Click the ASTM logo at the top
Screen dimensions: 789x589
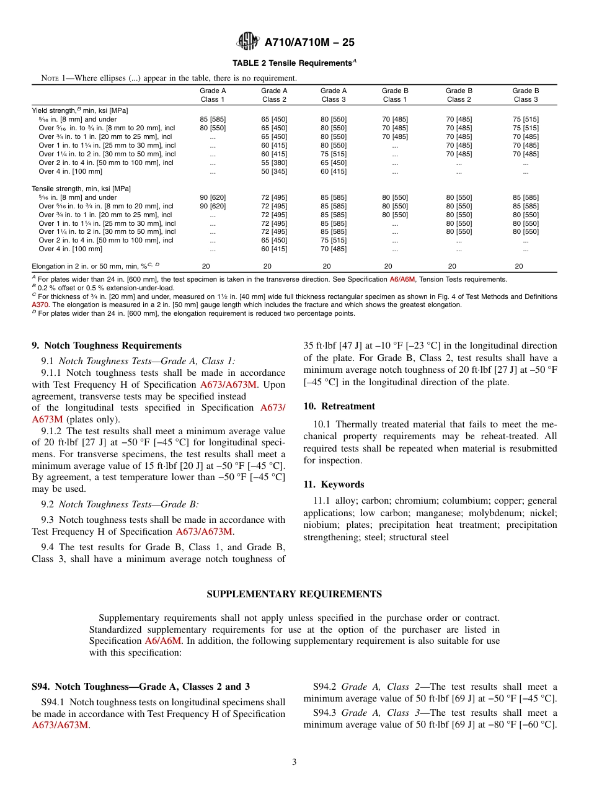click(x=249, y=42)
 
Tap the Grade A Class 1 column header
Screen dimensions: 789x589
click(x=213, y=95)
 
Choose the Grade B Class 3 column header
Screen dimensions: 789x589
click(x=525, y=95)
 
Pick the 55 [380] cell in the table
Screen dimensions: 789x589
click(x=274, y=163)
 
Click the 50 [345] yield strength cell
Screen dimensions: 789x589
click(x=274, y=171)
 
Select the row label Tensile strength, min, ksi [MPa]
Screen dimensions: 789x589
click(x=81, y=189)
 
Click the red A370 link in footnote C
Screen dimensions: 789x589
click(x=40, y=305)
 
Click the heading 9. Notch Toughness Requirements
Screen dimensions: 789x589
click(x=107, y=345)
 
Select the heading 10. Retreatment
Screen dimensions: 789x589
click(x=339, y=406)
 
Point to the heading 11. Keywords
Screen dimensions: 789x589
click(x=334, y=484)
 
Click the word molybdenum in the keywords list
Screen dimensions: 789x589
click(x=482, y=513)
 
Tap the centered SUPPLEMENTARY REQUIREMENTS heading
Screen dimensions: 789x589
click(x=294, y=594)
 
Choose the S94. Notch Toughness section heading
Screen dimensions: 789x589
click(x=141, y=687)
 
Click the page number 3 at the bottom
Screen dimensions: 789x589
click(x=294, y=762)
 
